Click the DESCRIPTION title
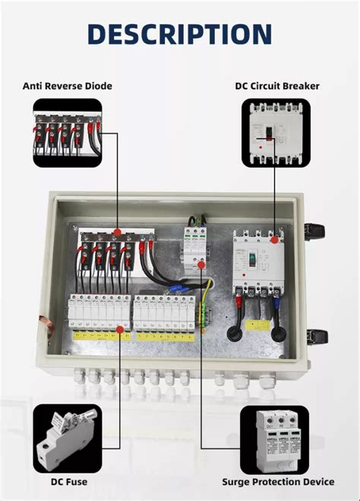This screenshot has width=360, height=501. (179, 34)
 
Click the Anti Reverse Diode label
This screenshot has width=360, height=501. (67, 86)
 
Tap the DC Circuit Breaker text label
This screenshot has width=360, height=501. (277, 86)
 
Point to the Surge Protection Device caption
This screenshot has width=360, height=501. (278, 481)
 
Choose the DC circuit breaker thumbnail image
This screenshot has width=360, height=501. (276, 133)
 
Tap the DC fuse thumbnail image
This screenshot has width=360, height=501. (67, 439)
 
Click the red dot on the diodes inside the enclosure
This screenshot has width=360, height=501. (118, 231)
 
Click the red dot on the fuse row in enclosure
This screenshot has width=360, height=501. (121, 329)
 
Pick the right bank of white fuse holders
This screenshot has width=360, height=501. (165, 313)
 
